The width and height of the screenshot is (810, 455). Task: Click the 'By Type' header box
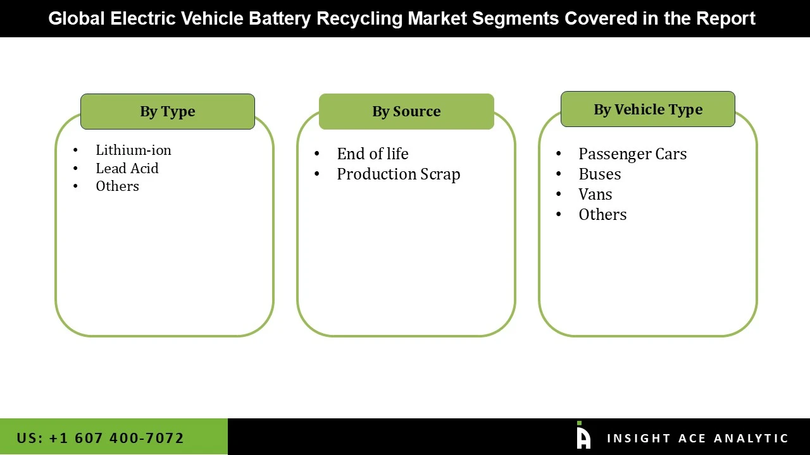[168, 112]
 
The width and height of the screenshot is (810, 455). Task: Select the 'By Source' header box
[406, 112]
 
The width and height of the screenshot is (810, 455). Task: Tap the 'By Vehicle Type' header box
[648, 109]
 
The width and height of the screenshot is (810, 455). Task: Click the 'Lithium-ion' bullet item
[134, 150]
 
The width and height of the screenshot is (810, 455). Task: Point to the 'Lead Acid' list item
[127, 169]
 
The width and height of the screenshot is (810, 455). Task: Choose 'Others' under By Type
[117, 186]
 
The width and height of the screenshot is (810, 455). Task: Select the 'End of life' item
[372, 154]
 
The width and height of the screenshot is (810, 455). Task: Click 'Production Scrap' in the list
[398, 174]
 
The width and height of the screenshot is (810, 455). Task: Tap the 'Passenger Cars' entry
[632, 154]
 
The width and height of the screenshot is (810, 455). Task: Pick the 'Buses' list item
[599, 174]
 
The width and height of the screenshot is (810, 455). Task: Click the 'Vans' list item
[595, 195]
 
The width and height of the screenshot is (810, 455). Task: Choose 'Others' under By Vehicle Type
[602, 215]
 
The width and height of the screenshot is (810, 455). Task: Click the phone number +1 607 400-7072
[100, 438]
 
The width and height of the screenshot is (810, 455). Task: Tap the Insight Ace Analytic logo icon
[583, 436]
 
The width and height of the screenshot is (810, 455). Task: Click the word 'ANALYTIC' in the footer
[751, 439]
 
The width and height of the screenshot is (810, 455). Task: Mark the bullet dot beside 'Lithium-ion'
[76, 150]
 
